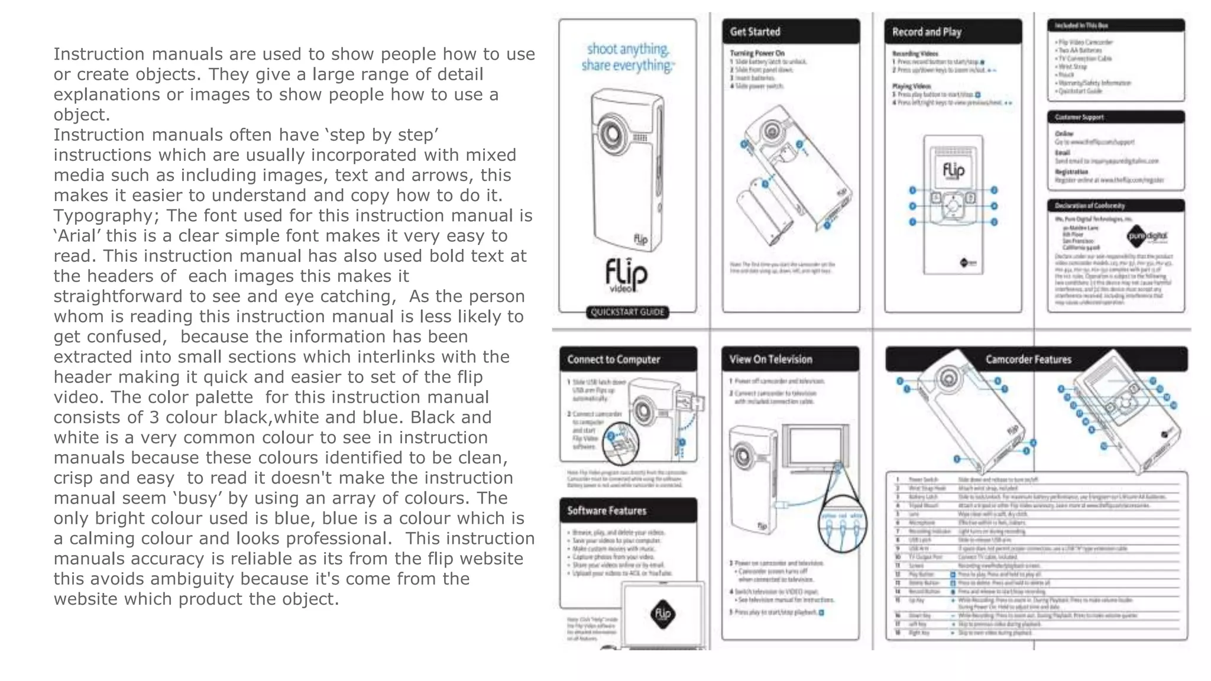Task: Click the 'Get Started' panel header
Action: (x=755, y=32)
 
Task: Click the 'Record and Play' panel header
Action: (x=927, y=32)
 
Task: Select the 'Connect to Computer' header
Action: (x=614, y=359)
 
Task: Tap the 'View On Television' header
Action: (x=770, y=359)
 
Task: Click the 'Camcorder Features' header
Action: (x=1028, y=359)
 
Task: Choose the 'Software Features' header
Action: (x=607, y=511)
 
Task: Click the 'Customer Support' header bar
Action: (x=1080, y=117)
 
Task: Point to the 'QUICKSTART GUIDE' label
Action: (x=627, y=312)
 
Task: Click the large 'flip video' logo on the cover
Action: (x=626, y=275)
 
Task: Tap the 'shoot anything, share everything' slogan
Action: (x=627, y=57)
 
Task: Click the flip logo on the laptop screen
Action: (x=662, y=614)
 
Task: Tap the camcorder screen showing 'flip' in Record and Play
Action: (x=953, y=170)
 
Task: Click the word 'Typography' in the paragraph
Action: (x=103, y=216)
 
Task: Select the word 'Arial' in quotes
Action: (x=78, y=236)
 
